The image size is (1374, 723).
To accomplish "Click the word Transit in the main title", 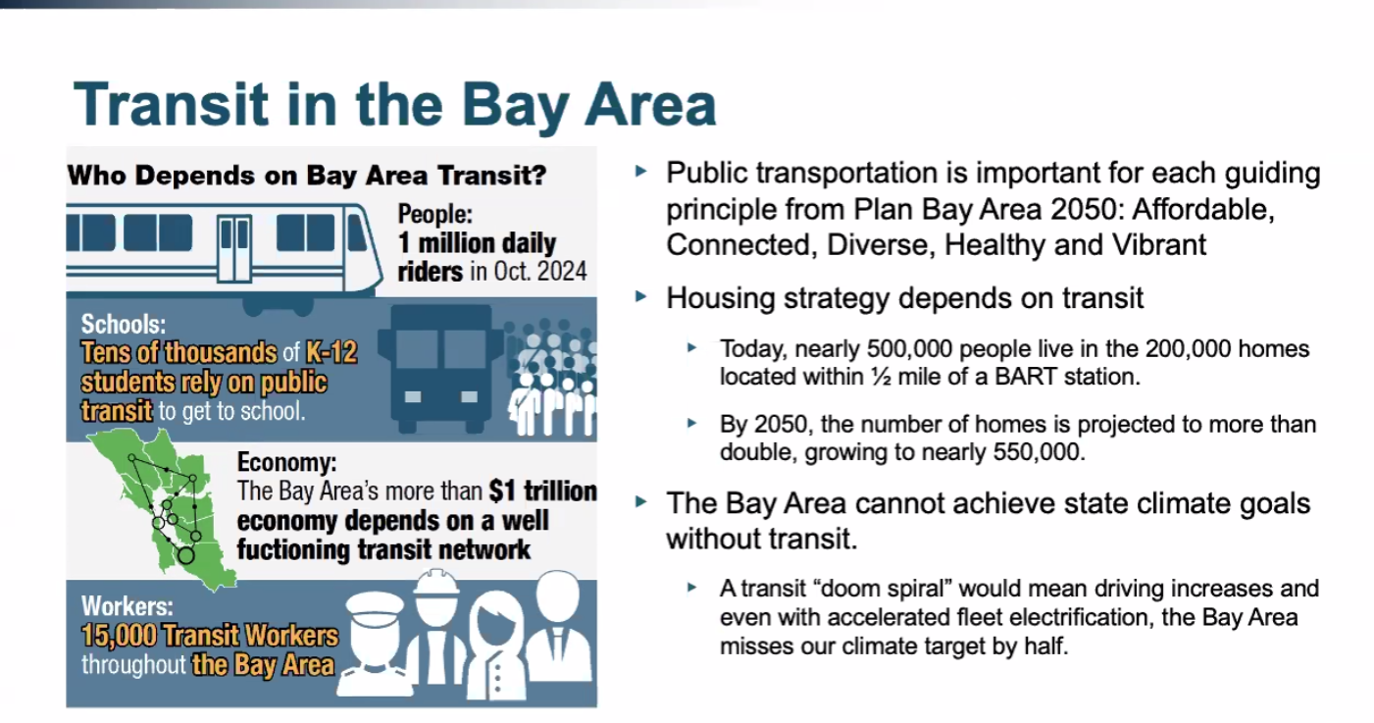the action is click(171, 105).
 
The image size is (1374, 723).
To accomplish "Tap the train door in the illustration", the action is click(234, 248).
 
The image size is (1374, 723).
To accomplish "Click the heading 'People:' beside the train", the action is click(434, 214).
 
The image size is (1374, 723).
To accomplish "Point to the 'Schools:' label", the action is click(124, 324).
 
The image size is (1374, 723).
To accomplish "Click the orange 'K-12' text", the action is click(331, 353).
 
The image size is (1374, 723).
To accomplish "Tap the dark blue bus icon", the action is click(440, 369).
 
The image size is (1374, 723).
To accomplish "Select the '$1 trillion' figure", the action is click(543, 491).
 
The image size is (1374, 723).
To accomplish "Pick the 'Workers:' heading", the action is click(127, 606).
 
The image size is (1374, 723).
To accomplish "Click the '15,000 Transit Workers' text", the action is click(210, 636).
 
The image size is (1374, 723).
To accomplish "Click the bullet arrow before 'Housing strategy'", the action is click(641, 297).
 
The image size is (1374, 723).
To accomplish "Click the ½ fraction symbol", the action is click(881, 377).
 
